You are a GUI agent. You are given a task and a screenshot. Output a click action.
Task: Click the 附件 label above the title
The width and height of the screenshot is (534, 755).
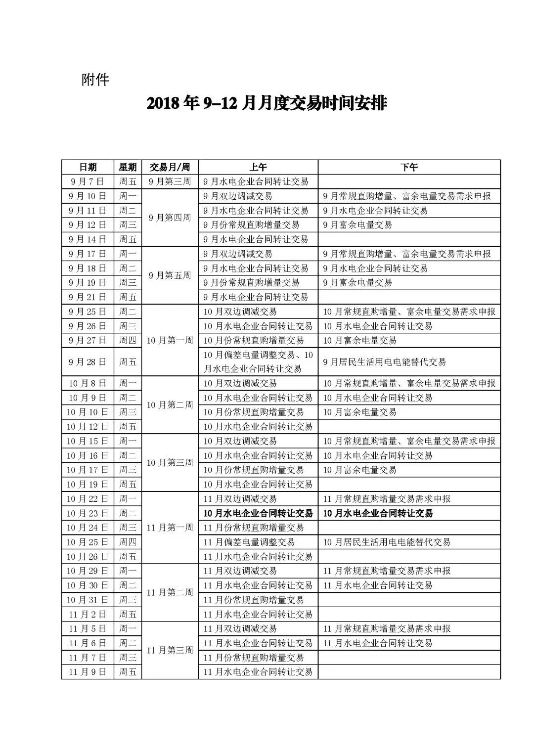pos(95,80)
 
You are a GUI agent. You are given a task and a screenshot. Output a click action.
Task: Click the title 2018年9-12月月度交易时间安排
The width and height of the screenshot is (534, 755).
pos(267,104)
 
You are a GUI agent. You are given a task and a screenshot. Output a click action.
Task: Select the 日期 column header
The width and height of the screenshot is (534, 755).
pos(88,167)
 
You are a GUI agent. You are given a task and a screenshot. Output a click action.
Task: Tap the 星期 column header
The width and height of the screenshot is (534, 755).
pos(128,167)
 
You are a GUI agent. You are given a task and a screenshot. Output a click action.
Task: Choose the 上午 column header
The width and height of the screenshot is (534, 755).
pos(258,167)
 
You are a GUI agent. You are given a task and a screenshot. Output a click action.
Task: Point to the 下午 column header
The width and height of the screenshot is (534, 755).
pos(409,167)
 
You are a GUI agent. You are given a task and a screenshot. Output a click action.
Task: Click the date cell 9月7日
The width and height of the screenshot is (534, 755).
pos(88,181)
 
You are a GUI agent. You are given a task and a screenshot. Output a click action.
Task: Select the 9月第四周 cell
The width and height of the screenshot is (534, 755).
pos(170,218)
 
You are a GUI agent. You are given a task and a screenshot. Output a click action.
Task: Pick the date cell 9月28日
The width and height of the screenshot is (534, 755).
pos(88,362)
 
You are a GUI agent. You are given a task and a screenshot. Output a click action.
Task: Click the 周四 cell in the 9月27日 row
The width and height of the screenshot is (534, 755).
pos(128,341)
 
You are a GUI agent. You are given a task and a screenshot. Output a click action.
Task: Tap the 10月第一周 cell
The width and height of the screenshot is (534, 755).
pos(170,341)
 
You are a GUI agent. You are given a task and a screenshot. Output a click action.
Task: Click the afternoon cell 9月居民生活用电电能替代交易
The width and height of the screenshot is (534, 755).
pos(385,362)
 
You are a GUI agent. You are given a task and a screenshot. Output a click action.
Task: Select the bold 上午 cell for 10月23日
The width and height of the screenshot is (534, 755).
pos(258,513)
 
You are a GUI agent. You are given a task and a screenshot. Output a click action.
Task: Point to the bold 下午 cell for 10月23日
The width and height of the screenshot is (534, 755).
pos(378,513)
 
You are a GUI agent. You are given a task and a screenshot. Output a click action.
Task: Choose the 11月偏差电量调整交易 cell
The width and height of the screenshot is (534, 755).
pos(249,542)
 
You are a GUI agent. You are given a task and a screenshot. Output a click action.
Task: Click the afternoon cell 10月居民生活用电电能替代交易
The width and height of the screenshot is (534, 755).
pos(387,542)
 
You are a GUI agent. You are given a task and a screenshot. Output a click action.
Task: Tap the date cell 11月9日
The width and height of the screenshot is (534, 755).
pos(88,672)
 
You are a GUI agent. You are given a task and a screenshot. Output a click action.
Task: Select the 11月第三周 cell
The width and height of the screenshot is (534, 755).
pos(170,651)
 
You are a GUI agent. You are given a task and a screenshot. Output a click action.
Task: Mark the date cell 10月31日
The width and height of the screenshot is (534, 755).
pos(88,600)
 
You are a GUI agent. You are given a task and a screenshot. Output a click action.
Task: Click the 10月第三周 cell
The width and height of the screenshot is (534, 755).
pos(170,463)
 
